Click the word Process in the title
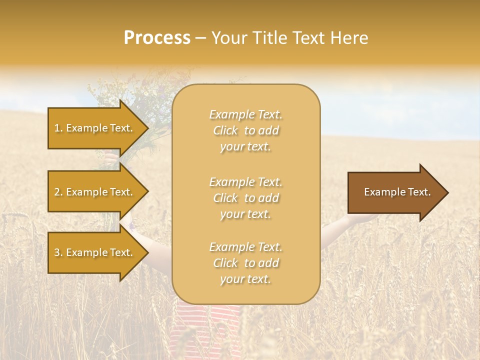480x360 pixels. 157,38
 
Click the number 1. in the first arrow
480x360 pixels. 58,128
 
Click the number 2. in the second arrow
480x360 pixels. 58,192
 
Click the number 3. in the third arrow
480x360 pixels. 58,252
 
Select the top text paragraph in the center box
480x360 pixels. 245,130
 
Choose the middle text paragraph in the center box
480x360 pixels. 245,198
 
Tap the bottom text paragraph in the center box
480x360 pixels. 245,263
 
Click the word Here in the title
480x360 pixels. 349,38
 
